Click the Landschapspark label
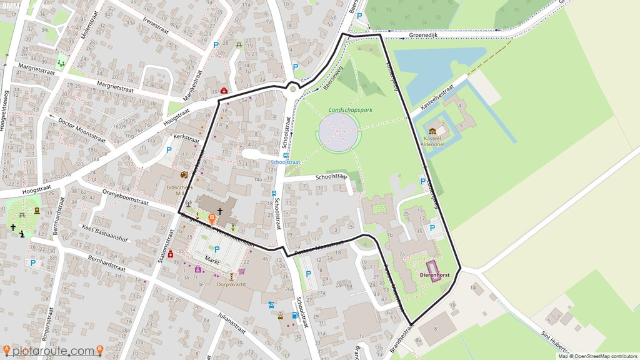tap(351, 110)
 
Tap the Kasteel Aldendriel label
tap(432, 141)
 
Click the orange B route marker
tap(212, 219)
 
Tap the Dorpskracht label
tap(231, 284)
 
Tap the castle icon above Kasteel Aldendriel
tap(432, 131)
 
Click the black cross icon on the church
tap(219, 212)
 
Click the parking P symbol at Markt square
tap(217, 249)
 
